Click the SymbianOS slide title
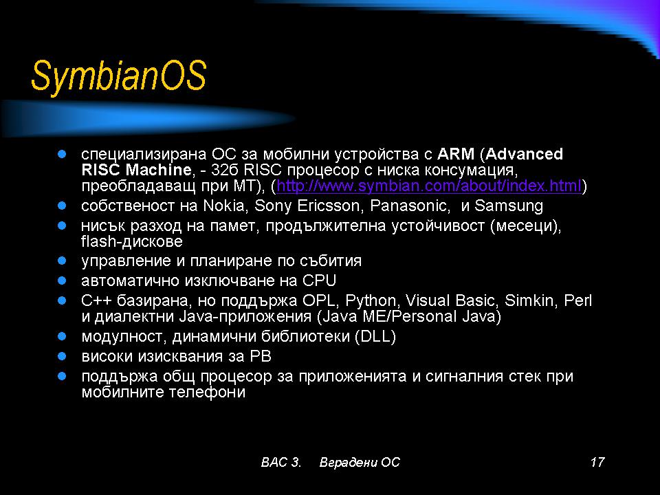(x=119, y=76)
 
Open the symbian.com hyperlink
(x=428, y=186)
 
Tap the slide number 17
(x=597, y=462)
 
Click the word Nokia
(x=223, y=206)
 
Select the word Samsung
(x=509, y=206)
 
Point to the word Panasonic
(x=408, y=206)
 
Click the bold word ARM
(x=456, y=154)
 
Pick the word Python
(x=371, y=301)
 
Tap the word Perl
(x=578, y=300)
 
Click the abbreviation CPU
(x=319, y=280)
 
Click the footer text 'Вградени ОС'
(x=360, y=462)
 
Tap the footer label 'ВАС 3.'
(x=280, y=462)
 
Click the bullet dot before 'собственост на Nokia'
(x=62, y=206)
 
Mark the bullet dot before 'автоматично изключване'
(x=62, y=280)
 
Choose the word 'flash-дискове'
(x=132, y=241)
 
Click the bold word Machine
(x=159, y=170)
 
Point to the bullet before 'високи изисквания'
(x=62, y=357)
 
